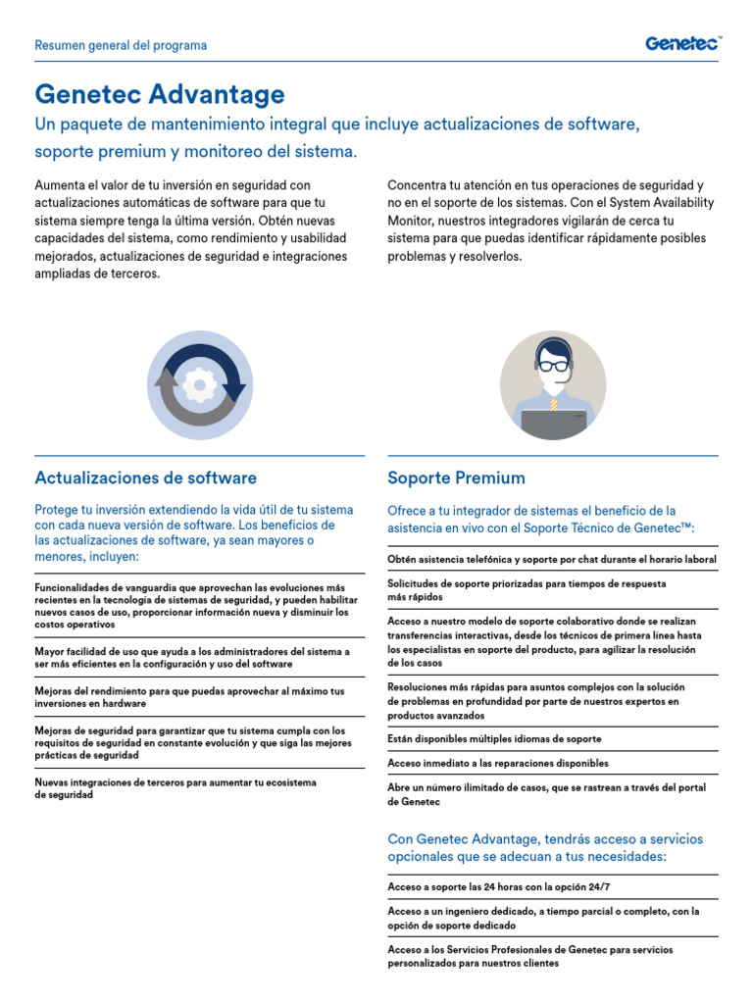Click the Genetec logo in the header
pos(682,43)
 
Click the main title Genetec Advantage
pos(160,94)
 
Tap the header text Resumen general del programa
pos(121,45)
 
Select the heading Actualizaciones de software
pos(145,477)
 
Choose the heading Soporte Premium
pos(456,477)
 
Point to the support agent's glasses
pos(554,365)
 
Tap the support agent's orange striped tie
pos(554,402)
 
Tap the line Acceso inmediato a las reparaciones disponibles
pos(498,763)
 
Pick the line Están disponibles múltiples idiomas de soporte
pos(494,738)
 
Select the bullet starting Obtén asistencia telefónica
pos(552,559)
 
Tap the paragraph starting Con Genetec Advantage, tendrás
pos(545,848)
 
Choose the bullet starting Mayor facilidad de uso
pos(192,657)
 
